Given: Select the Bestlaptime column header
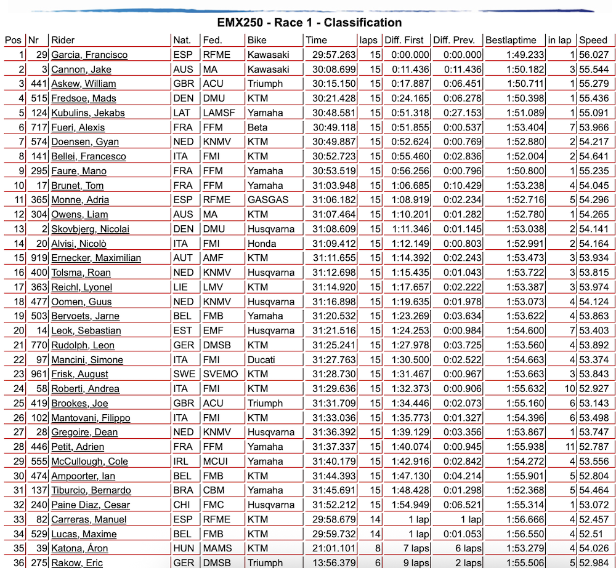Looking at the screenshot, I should (511, 40).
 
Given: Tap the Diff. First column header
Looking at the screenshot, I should (403, 40).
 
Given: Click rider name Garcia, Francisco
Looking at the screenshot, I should (89, 55).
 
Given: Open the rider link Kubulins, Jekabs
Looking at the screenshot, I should (87, 113).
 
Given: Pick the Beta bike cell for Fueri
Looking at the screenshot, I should (258, 127).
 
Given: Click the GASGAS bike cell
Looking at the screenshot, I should (264, 200).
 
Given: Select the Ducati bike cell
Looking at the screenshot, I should (261, 360).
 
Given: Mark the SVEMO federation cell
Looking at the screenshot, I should (219, 374).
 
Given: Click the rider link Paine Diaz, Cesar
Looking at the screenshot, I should (91, 505).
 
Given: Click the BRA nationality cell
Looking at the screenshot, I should (182, 490).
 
